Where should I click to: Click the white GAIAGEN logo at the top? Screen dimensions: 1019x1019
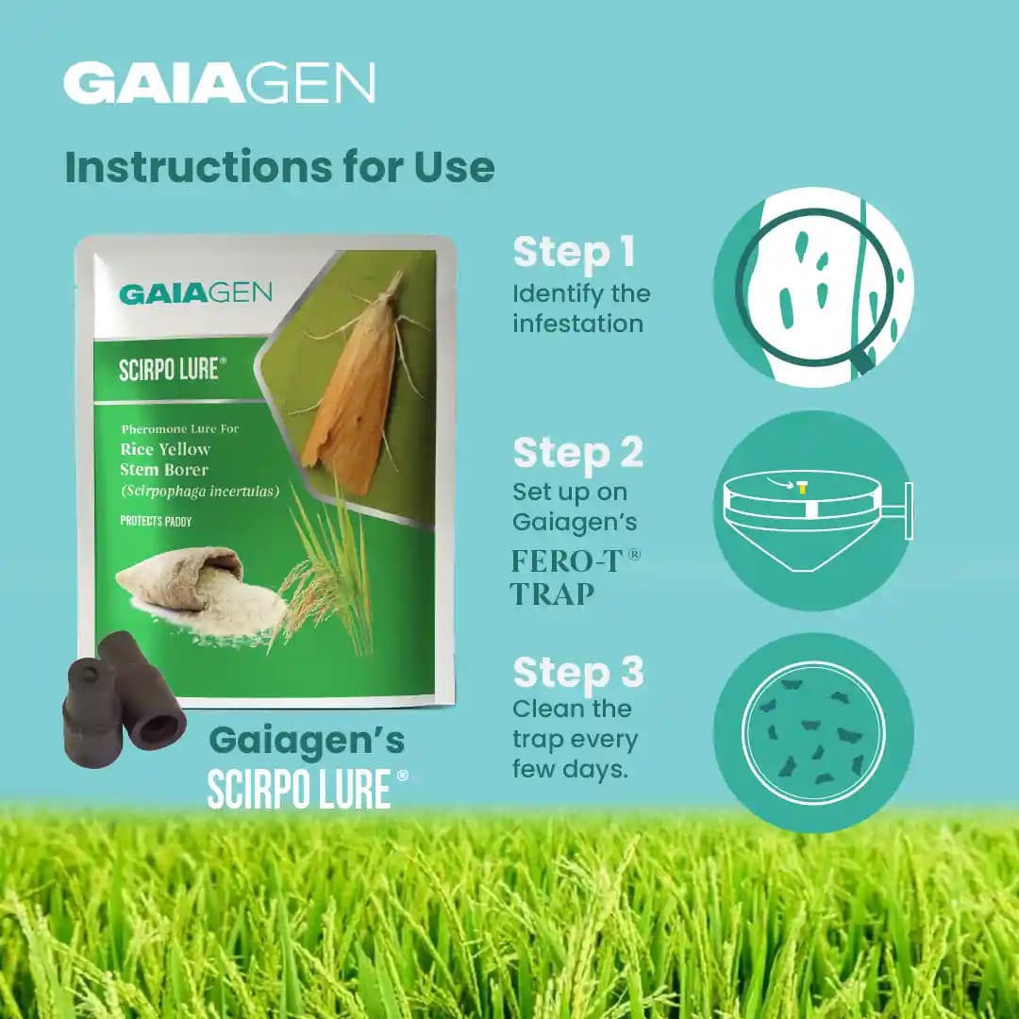pyautogui.click(x=219, y=83)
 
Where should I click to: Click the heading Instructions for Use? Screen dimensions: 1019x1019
pyautogui.click(x=279, y=167)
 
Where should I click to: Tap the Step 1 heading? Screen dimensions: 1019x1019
pyautogui.click(x=574, y=252)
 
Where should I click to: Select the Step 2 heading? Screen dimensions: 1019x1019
pyautogui.click(x=577, y=453)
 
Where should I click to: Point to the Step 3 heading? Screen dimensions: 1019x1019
pyautogui.click(x=577, y=673)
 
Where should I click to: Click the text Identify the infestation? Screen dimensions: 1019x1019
pyautogui.click(x=580, y=309)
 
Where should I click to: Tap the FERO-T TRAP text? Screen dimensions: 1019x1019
pyautogui.click(x=575, y=576)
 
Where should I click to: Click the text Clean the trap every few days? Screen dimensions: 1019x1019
pyautogui.click(x=575, y=739)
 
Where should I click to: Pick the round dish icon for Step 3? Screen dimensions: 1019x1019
pyautogui.click(x=813, y=732)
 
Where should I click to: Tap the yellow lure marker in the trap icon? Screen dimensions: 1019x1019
pyautogui.click(x=802, y=488)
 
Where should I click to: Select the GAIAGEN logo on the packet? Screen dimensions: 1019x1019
pyautogui.click(x=195, y=292)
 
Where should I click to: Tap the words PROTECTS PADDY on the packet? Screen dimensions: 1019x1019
pyautogui.click(x=157, y=521)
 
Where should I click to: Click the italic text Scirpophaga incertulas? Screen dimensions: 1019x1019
pyautogui.click(x=200, y=491)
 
